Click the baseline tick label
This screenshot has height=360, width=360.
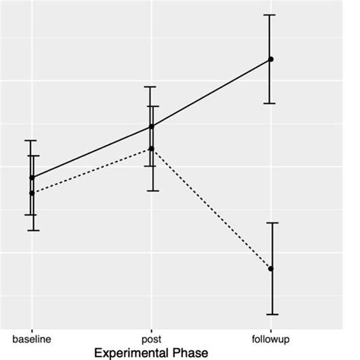pyautogui.click(x=32, y=336)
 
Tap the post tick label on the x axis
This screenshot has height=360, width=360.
pyautogui.click(x=151, y=336)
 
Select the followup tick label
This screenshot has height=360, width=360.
pyautogui.click(x=270, y=336)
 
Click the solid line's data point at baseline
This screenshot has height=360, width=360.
pyautogui.click(x=32, y=177)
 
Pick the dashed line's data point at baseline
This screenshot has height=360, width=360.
pyautogui.click(x=32, y=193)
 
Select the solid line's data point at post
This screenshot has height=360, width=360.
pyautogui.click(x=151, y=126)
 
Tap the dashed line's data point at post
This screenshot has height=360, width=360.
pyautogui.click(x=151, y=148)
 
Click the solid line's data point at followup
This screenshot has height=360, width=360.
pyautogui.click(x=270, y=59)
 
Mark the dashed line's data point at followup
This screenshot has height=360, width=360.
pyautogui.click(x=270, y=269)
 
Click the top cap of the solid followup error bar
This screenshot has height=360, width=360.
pyautogui.click(x=270, y=14)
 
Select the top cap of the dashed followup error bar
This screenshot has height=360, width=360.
pyautogui.click(x=270, y=223)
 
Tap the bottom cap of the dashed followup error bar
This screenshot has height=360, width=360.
pyautogui.click(x=270, y=314)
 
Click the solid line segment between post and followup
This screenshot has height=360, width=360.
pyautogui.click(x=211, y=93)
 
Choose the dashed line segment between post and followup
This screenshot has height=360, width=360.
pyautogui.click(x=211, y=209)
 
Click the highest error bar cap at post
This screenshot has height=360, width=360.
pyautogui.click(x=151, y=87)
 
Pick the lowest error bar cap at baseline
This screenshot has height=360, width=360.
pyautogui.click(x=32, y=230)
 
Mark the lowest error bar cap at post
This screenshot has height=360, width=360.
pyautogui.click(x=151, y=191)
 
